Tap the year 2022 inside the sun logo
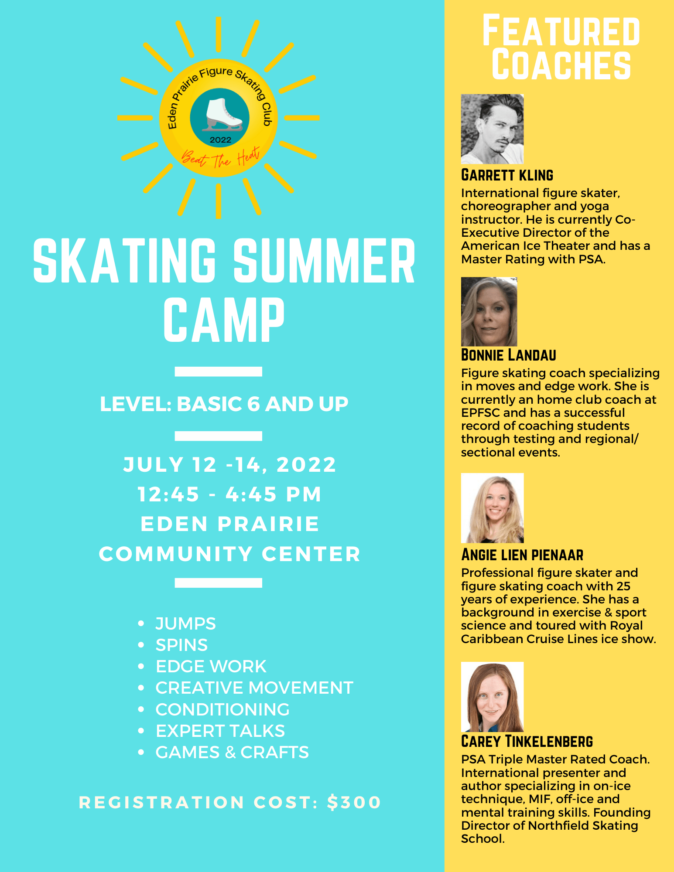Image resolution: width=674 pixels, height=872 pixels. pos(220,140)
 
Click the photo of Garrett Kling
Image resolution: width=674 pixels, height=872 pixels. pos(492,129)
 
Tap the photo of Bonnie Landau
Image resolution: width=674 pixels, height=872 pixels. pos(489,311)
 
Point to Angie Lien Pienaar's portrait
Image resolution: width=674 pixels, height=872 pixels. pos(492,508)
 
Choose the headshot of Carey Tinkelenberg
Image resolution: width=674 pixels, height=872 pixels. pos(492,697)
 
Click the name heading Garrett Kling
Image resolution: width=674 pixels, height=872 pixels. pos(507,175)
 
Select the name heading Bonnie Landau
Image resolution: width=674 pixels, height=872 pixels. pos(508,355)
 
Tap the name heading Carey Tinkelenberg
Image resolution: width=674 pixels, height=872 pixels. pos(527,741)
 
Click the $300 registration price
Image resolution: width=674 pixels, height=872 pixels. pos(354,802)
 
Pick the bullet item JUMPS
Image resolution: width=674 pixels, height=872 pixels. pos(185,623)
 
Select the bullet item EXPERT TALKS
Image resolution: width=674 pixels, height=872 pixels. pos(220,731)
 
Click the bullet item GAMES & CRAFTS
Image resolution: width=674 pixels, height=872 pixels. pos(232,752)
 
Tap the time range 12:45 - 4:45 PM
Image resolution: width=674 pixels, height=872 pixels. pos(229,494)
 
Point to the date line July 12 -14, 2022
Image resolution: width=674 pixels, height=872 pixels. pos(229,464)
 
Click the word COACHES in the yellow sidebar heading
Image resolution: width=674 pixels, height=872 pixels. pos(561,65)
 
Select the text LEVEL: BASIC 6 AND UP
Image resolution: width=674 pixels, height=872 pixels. pos(224,404)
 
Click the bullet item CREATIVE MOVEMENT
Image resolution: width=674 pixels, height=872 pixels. pos(254,688)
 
